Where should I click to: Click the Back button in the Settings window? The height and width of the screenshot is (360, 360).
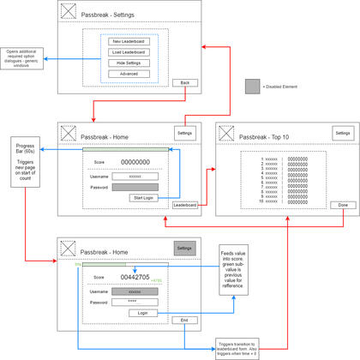coord(184,82)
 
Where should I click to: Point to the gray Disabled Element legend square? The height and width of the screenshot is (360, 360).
coord(252,86)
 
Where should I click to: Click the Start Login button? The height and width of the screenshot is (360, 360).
coord(141,198)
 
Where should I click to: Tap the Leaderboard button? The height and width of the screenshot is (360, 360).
coord(185,206)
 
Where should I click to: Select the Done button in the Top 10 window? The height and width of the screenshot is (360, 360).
coord(340,206)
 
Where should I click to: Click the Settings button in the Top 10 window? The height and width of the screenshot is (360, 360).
coord(342,133)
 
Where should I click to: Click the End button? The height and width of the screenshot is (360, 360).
coord(184,320)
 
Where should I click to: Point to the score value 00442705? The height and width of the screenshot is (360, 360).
coord(135,278)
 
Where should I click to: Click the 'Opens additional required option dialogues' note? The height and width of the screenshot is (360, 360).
coord(21,59)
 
